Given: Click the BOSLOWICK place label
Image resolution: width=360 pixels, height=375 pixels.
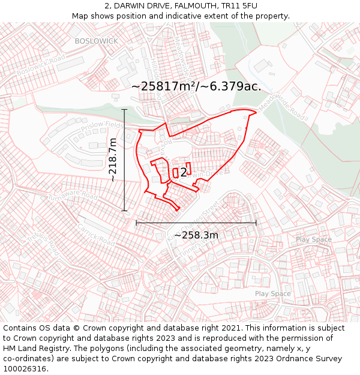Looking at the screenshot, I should pos(97,41).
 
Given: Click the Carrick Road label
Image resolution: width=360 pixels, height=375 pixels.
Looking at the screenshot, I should pos(95,234).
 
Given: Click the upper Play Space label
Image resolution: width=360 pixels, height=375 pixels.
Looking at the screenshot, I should pos(313,239).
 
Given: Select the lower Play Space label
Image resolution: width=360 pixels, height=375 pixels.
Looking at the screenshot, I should pos(272,293).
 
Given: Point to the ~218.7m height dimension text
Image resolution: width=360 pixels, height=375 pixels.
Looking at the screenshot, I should pos(113,160).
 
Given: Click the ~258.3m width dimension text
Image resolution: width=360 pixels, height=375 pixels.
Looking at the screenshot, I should pos(196,235).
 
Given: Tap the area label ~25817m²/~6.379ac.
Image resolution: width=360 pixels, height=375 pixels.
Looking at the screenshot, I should pos(196,86).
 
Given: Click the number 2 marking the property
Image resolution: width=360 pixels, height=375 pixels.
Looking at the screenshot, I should pos(184,173).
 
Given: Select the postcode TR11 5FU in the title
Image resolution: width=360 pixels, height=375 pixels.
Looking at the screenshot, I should pos(239,5).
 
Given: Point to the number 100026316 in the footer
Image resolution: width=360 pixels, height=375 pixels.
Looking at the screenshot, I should pos(25,368).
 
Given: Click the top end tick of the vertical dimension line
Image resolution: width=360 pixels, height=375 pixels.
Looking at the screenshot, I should pos(125,109).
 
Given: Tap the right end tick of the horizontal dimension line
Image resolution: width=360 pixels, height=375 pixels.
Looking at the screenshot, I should pos(256,223).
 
